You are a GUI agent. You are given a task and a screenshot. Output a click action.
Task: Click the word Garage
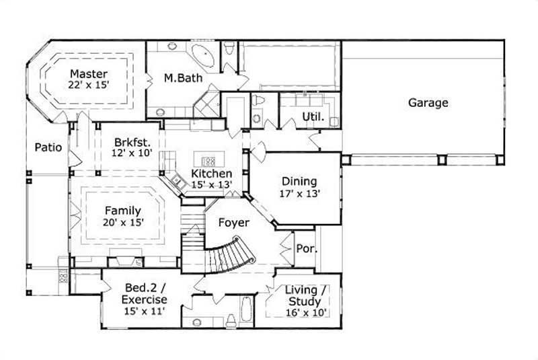tap(428, 103)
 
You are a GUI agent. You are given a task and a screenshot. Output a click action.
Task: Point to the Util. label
tap(313, 116)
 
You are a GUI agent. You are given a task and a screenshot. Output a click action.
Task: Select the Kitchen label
tap(212, 174)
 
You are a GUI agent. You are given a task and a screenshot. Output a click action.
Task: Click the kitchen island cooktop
tap(209, 161)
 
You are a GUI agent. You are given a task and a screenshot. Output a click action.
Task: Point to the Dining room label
tap(299, 181)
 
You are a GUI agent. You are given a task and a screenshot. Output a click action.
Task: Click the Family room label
tap(122, 211)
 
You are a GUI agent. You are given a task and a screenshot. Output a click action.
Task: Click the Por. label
tap(305, 248)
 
